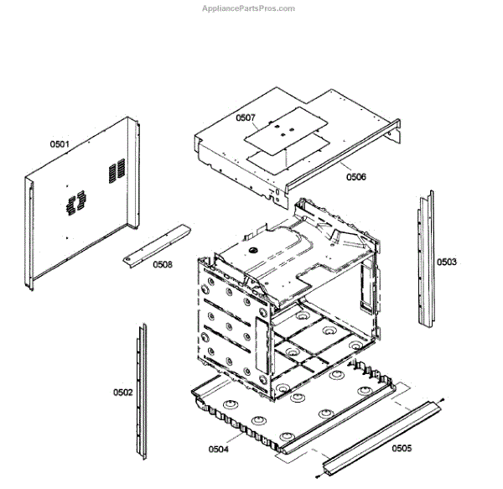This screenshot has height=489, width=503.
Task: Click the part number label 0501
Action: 60,144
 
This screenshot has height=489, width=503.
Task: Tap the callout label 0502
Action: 122,392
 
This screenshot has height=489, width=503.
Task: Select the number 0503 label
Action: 446,262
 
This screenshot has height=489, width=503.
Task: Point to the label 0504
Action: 218,450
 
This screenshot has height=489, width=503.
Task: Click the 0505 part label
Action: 401,448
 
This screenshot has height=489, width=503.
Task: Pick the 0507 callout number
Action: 245,118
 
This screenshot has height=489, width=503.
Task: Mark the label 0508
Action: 163,265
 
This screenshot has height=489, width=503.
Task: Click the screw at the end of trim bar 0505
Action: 442,399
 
